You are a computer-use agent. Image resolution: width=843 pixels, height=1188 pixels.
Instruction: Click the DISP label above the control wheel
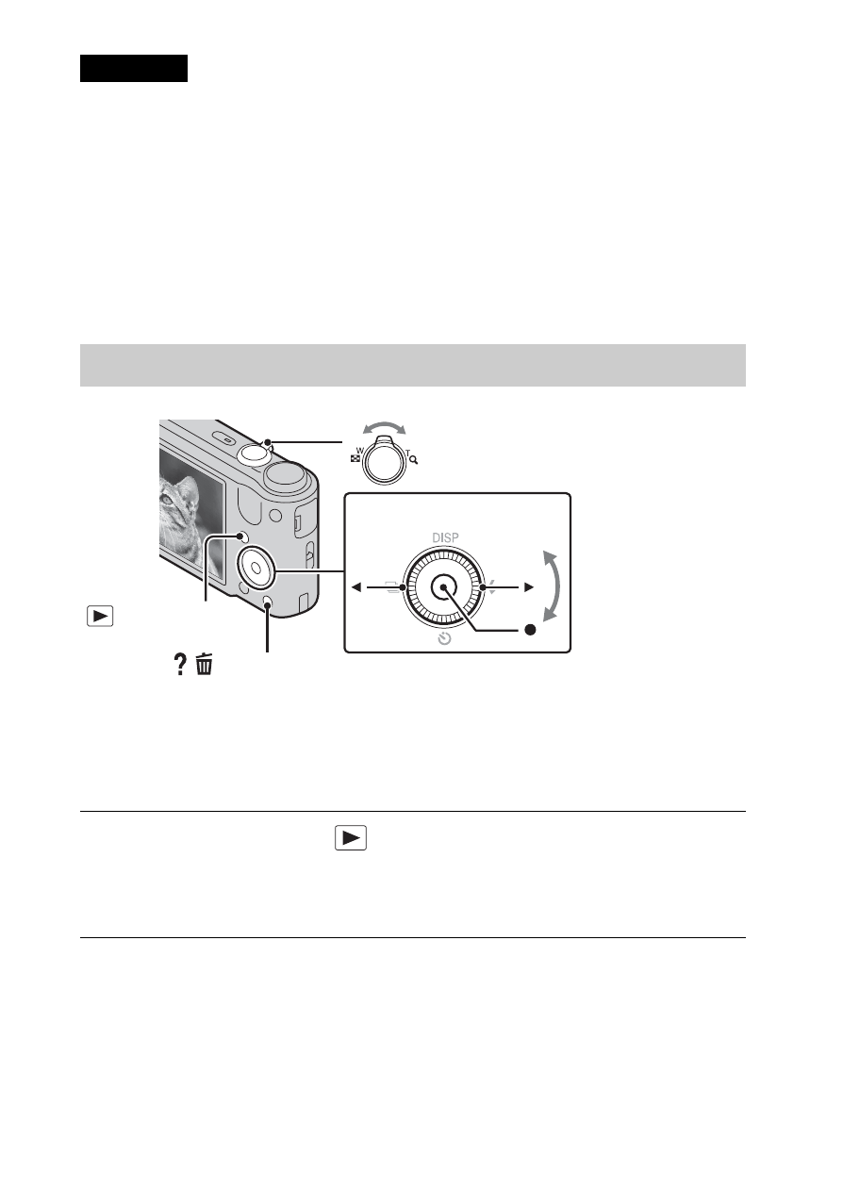(x=445, y=537)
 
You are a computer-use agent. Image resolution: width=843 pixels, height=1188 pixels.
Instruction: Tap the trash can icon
(x=205, y=665)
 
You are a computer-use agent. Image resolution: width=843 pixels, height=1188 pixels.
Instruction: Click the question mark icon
(x=180, y=665)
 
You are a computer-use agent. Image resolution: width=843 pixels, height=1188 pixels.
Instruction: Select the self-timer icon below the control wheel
(x=444, y=639)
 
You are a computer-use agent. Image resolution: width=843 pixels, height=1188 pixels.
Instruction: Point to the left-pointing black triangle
(x=356, y=587)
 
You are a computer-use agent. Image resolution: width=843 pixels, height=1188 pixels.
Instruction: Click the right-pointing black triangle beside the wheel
(x=529, y=587)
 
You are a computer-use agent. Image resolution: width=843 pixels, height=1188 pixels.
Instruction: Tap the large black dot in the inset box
(x=529, y=630)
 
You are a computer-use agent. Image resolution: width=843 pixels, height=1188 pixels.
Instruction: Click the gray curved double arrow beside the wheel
(x=554, y=586)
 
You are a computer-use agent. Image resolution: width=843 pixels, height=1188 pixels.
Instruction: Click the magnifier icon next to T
(x=413, y=460)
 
